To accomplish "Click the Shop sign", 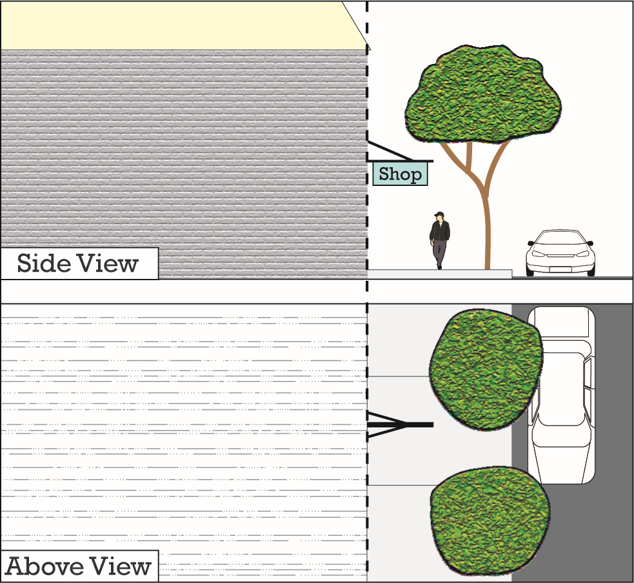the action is (x=400, y=174).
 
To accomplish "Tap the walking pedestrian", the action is (x=439, y=240).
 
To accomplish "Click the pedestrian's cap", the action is (x=439, y=214).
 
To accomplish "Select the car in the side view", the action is (x=560, y=253).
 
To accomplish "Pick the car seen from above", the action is (x=561, y=395).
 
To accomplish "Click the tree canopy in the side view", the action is (x=483, y=94).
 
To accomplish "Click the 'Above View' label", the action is (x=79, y=566).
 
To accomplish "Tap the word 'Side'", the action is (x=44, y=263).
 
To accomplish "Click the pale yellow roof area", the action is (x=178, y=26).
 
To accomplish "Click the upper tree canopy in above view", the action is (x=486, y=370).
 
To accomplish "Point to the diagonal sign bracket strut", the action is (x=390, y=150).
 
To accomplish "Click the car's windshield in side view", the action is (x=560, y=238).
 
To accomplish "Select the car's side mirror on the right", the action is (x=590, y=243).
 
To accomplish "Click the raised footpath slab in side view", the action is (x=439, y=274).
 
